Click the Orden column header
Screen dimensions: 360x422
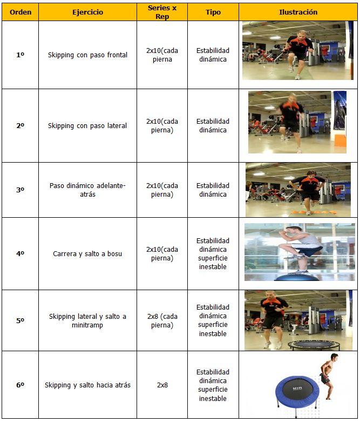point(21,12)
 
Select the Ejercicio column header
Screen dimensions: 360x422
point(87,12)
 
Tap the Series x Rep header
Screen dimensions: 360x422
point(162,12)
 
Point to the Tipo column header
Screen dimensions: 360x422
point(213,12)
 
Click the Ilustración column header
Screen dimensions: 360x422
point(298,12)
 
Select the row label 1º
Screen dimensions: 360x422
point(20,55)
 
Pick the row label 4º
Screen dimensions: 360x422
point(20,253)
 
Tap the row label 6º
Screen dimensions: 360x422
point(20,385)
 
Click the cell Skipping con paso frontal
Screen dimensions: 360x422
point(87,55)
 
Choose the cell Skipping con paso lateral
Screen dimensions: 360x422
point(87,126)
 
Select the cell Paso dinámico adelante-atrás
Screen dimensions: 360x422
point(87,190)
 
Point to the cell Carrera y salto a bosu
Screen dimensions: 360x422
point(87,254)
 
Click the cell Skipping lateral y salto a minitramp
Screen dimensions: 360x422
point(87,320)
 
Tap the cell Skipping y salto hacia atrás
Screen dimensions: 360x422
point(87,385)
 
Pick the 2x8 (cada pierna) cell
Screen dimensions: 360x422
point(162,320)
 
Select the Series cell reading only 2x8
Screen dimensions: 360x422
point(162,385)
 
